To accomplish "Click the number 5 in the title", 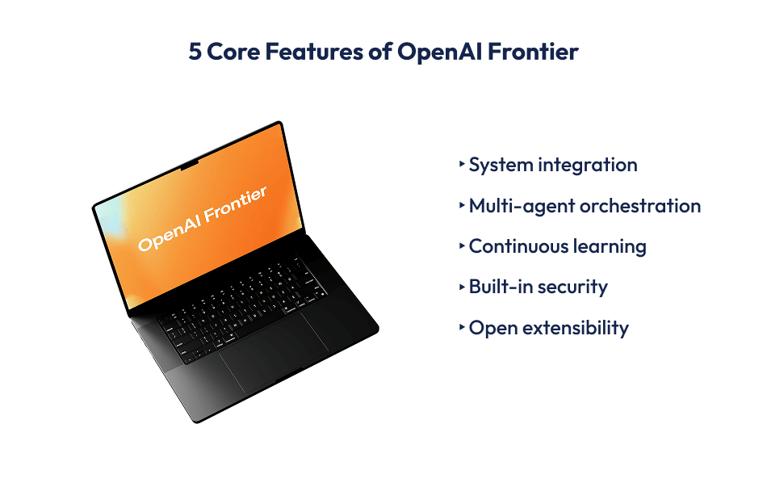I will click(195, 52).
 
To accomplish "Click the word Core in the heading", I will click(233, 52).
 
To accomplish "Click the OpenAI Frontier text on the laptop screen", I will click(202, 218).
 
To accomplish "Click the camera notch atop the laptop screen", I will click(188, 166).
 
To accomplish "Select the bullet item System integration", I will click(553, 165).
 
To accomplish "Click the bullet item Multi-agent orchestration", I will click(585, 206).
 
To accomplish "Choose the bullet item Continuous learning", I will click(557, 246).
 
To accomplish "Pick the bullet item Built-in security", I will click(538, 287).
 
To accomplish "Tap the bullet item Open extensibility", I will click(548, 328).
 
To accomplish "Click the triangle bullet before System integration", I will click(462, 163).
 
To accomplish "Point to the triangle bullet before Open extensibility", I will click(462, 326).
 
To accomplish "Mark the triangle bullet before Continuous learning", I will click(462, 245).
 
